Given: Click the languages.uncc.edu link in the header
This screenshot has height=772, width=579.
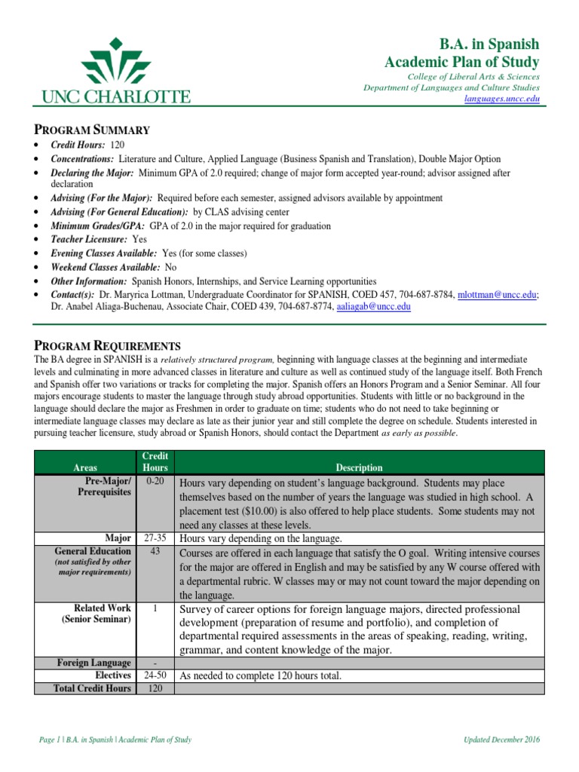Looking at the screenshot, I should point(503,99).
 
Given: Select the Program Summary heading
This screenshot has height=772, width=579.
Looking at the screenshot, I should point(93,130).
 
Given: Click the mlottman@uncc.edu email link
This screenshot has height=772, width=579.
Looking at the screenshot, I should point(498,294).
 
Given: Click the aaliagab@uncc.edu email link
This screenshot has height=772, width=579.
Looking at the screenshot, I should point(374,307).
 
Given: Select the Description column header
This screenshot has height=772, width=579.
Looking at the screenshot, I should point(358,467).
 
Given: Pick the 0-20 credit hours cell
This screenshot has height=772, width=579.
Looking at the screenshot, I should point(154,481).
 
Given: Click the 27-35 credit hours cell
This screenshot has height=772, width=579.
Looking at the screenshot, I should point(154,538).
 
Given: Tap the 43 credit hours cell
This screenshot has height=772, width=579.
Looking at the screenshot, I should point(154,551).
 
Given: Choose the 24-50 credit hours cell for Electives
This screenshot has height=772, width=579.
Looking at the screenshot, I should point(154,675).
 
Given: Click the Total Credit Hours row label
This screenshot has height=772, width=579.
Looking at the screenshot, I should point(92,688).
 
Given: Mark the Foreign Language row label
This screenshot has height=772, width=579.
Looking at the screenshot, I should point(94,663).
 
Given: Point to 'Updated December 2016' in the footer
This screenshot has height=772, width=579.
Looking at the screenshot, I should point(501,740).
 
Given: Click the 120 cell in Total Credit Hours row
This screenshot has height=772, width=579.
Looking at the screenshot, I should point(154,688).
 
